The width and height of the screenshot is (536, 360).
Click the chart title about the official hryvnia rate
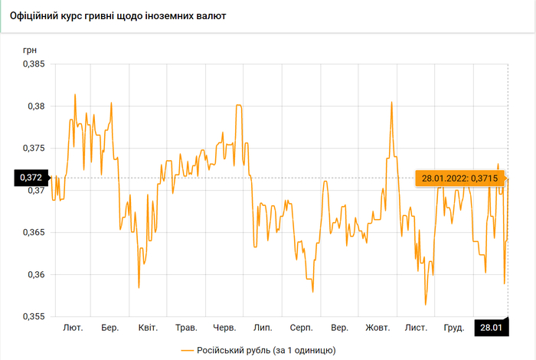coord(117,15)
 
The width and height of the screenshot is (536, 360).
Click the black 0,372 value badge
coord(29,178)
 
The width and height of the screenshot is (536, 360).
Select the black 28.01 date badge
coord(490,328)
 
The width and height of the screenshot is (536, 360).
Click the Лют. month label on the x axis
coord(73,328)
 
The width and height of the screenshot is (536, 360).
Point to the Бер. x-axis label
coord(109,328)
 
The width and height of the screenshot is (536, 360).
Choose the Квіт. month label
coord(148,328)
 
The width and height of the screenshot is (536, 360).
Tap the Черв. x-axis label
coord(224,328)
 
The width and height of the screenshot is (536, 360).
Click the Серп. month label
coord(301,328)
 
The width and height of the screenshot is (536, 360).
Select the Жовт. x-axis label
coord(378,328)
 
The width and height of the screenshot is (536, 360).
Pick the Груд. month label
coord(454,328)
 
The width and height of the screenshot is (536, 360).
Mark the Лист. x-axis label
coord(416,328)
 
